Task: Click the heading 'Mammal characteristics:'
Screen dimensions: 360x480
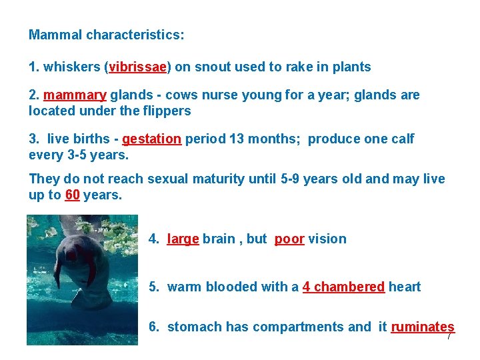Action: point(107,35)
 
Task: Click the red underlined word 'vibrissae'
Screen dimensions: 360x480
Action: point(139,67)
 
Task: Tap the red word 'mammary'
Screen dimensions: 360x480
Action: point(75,95)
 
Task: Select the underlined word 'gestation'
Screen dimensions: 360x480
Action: point(151,139)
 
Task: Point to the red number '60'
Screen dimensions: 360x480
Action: point(73,195)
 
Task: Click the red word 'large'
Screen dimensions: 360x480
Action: point(183,239)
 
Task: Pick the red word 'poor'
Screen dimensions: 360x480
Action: point(289,239)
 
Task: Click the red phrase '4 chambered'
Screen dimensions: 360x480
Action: point(343,287)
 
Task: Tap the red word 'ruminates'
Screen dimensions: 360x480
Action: point(422,327)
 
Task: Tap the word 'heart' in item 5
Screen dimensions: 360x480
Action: point(405,287)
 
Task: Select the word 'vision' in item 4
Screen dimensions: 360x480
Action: point(327,239)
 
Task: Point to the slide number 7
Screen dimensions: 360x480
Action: point(449,337)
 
